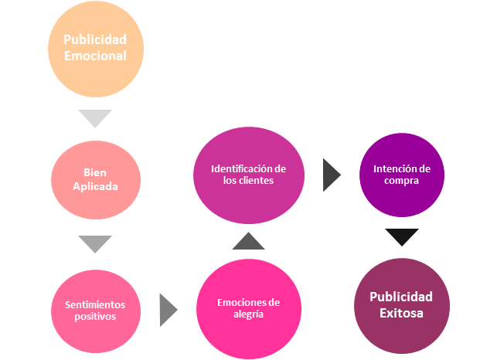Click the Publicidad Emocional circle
pyautogui.click(x=94, y=48)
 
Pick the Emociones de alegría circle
pyautogui.click(x=248, y=308)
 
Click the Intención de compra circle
pyautogui.click(x=401, y=175)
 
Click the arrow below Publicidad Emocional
pyautogui.click(x=95, y=118)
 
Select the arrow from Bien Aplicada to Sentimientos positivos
pyautogui.click(x=95, y=244)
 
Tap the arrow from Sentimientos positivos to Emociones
pyautogui.click(x=168, y=310)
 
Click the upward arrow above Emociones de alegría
pyautogui.click(x=248, y=240)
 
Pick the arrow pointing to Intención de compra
pyautogui.click(x=332, y=175)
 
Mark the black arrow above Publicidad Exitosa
pyautogui.click(x=401, y=236)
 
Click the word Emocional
pyautogui.click(x=94, y=56)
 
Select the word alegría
pyautogui.click(x=248, y=314)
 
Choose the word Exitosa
pyautogui.click(x=401, y=313)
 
